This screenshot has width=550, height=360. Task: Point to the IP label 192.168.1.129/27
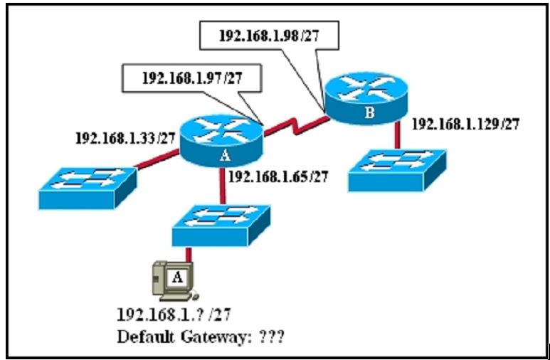tap(465, 124)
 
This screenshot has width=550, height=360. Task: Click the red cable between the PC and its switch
tap(190, 255)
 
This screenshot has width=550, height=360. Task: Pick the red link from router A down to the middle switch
tap(224, 186)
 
